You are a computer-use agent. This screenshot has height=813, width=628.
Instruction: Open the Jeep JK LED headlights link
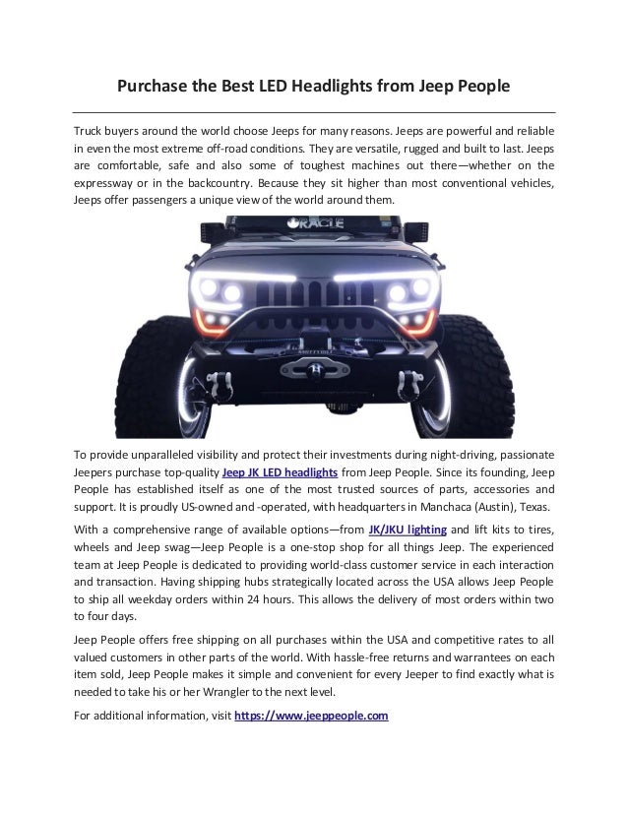coord(279,472)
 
